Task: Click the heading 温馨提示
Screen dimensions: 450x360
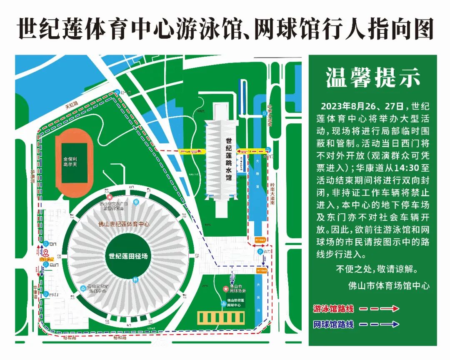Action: pos(373,78)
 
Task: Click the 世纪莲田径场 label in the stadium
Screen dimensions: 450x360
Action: pos(128,256)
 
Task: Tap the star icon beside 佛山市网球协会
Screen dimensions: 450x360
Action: pos(225,288)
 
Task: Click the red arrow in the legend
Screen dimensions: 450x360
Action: pos(379,309)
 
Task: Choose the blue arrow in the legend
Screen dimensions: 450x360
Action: pos(379,324)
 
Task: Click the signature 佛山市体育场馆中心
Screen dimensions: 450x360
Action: pos(389,286)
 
